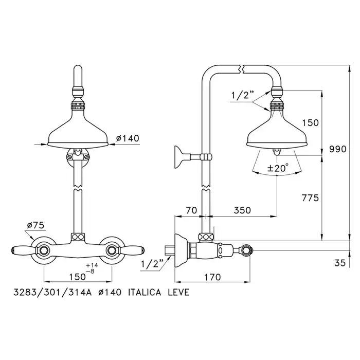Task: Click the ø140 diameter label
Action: click(128, 138)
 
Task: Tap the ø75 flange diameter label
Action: click(35, 225)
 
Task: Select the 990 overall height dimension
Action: click(338, 149)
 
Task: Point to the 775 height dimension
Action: click(311, 197)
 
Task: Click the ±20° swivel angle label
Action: click(278, 168)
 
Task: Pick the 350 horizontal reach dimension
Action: click(242, 210)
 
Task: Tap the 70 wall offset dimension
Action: click(191, 210)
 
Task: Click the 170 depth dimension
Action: click(212, 277)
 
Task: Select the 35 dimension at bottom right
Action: click(340, 263)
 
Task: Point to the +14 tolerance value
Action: click(92, 265)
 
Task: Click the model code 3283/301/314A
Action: click(52, 293)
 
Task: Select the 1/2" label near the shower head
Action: click(243, 95)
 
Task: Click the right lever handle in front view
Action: click(133, 249)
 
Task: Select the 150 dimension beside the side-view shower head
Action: click(311, 123)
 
